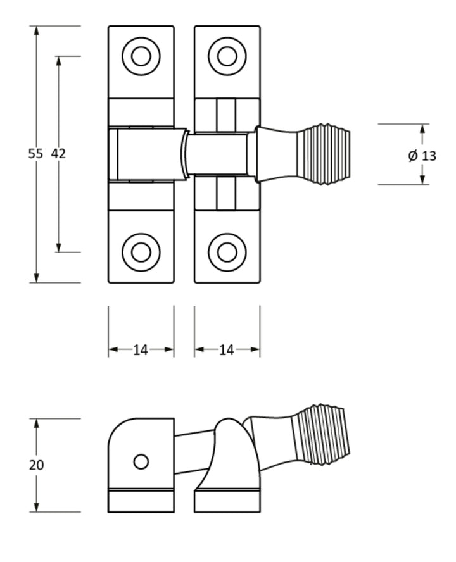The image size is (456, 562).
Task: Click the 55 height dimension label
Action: [35, 154]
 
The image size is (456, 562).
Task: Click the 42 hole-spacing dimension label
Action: [58, 154]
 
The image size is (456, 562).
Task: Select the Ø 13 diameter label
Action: [422, 156]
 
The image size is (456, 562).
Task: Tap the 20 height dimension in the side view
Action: [36, 465]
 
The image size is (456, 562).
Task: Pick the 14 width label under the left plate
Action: [140, 349]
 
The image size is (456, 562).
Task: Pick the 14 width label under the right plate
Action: [226, 349]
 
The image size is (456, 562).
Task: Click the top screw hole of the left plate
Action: [141, 56]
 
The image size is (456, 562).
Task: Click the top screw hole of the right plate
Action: [227, 56]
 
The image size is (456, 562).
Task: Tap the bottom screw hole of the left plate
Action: [141, 252]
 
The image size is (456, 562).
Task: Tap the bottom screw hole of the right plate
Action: [227, 252]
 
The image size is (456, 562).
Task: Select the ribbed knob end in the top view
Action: [323, 154]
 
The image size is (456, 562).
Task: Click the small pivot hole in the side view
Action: [141, 462]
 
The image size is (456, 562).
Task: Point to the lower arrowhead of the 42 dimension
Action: [58, 247]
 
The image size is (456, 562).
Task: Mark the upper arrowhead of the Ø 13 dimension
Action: [422, 128]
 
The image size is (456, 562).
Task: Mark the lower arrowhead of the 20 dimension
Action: [36, 507]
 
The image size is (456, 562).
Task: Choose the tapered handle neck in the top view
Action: [276, 154]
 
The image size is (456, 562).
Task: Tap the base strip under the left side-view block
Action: [141, 501]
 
